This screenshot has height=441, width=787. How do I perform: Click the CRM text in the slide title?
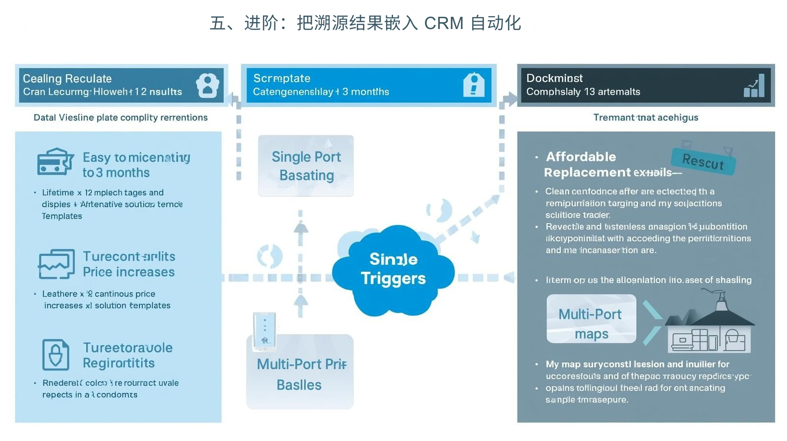(444, 23)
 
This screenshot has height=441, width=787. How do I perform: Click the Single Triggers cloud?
(393, 269)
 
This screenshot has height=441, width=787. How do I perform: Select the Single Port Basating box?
(306, 166)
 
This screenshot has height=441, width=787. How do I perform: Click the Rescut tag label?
(703, 161)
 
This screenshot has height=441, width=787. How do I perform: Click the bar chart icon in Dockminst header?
(754, 86)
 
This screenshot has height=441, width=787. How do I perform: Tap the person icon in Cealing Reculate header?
(208, 86)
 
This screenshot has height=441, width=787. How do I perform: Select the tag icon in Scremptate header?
(474, 85)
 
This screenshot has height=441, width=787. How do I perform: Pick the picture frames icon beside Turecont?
(57, 264)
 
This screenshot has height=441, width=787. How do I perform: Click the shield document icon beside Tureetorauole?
(55, 354)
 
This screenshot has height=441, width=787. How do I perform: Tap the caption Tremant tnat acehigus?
(645, 117)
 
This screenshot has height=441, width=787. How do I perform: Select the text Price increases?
(128, 272)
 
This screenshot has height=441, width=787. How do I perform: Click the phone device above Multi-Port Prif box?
(264, 331)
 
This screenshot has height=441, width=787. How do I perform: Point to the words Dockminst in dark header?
(554, 78)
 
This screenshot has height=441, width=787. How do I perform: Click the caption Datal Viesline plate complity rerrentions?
(121, 117)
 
